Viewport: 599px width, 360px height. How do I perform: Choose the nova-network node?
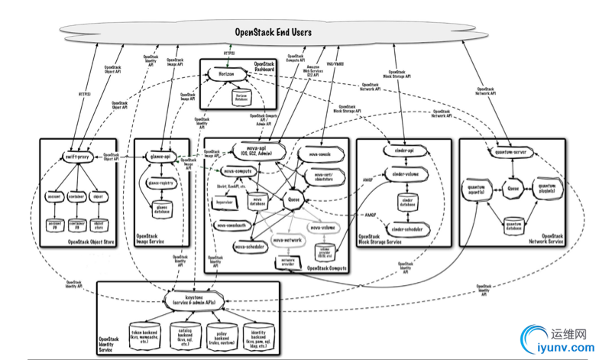click(x=289, y=241)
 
